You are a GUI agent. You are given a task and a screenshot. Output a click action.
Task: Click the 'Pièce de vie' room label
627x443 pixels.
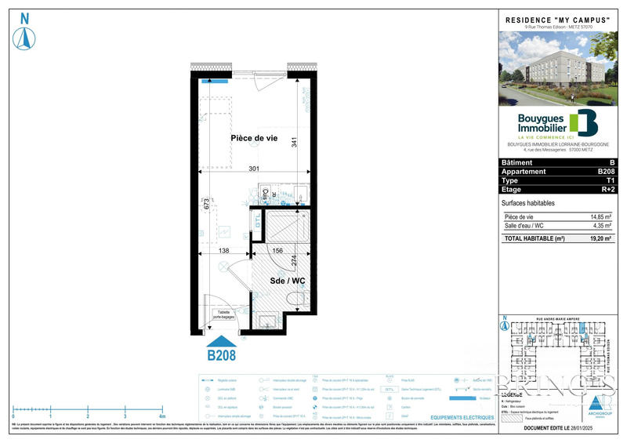254,138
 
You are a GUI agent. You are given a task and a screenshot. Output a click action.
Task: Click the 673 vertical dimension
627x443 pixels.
207,205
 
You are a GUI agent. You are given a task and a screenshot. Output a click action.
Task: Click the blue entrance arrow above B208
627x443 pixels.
221,341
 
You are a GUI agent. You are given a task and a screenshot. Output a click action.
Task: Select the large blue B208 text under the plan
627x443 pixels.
221,355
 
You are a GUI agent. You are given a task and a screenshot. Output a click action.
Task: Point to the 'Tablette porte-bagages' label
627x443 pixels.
224,315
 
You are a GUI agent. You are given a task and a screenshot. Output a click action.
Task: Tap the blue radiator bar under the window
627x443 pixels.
214,81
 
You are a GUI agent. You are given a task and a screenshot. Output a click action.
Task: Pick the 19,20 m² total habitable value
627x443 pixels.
600,238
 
